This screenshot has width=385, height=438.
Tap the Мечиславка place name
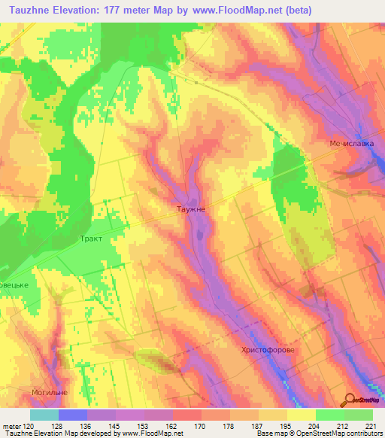click(351, 144)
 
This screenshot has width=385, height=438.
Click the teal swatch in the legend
click(44, 415)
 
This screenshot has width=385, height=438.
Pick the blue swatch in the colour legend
click(72, 415)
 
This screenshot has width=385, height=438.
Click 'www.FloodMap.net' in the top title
click(238, 10)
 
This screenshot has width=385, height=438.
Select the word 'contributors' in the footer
click(362, 434)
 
